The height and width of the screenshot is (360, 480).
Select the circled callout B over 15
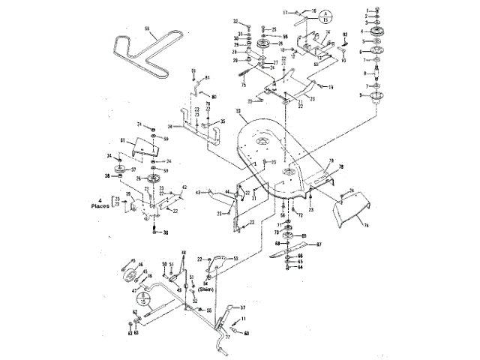pos(146,301)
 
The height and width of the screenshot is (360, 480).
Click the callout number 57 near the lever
pos(242,308)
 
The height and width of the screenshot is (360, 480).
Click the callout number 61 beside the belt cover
pos(123,140)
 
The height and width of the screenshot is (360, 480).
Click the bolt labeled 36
pos(154,232)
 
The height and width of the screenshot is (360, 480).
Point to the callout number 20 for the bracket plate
pos(312,99)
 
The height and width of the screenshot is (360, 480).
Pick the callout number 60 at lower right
pos(247,333)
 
